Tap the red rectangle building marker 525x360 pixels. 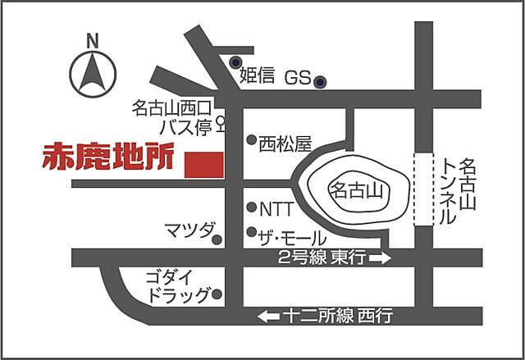[203, 163]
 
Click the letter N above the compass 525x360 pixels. [93, 39]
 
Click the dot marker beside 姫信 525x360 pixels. [236, 62]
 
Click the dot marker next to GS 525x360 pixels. [322, 81]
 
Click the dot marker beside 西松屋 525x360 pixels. [252, 140]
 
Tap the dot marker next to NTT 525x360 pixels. [252, 208]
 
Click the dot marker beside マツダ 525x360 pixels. [217, 240]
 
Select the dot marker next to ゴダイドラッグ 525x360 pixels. [217, 293]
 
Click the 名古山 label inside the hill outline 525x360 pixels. [356, 192]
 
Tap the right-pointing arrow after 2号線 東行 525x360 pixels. [381, 258]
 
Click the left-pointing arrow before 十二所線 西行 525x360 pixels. [269, 315]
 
